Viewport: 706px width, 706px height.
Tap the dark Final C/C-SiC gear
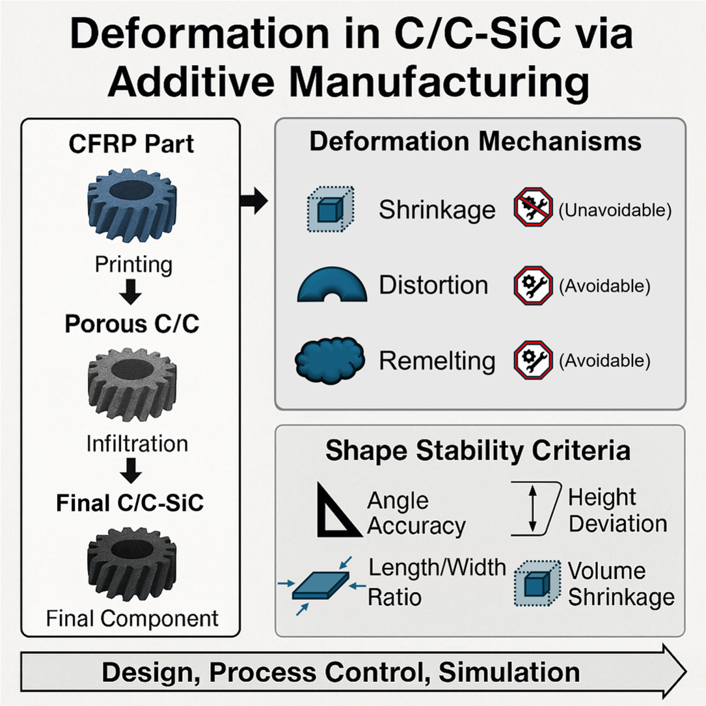131,563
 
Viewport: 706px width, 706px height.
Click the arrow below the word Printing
131,292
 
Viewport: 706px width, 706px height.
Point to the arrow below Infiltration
131,470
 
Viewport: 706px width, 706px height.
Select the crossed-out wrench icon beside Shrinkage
533,207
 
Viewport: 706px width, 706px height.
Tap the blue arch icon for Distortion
332,284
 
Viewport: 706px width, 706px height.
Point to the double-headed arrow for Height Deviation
533,509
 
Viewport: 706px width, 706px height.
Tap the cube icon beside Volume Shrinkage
537,583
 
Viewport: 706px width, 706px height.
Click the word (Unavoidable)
615,210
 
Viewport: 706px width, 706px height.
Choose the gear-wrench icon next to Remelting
533,360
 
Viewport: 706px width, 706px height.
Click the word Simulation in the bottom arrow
509,672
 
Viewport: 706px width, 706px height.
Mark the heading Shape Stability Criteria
478,450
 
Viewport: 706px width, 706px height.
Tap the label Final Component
132,618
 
